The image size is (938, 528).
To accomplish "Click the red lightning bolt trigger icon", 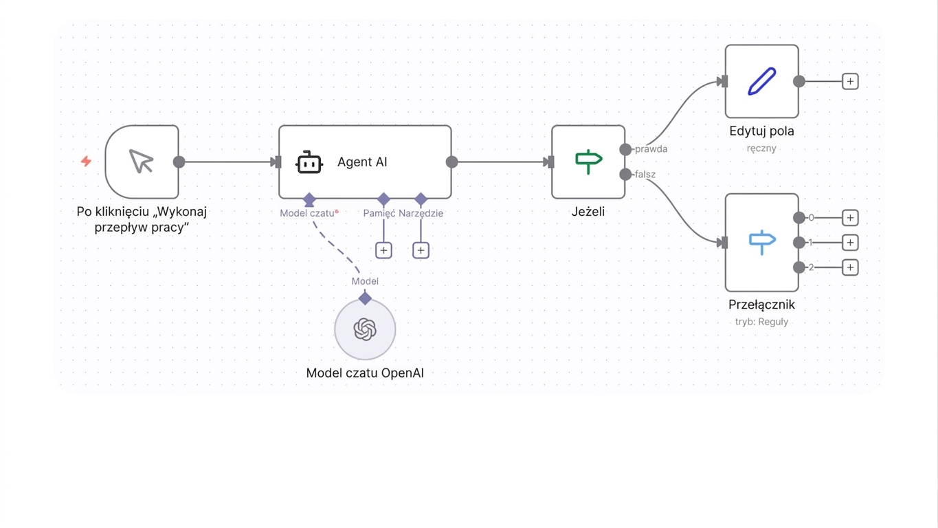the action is (x=87, y=162).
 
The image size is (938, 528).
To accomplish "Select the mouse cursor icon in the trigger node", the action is (x=141, y=162).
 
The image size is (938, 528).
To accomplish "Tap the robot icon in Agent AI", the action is (x=309, y=162).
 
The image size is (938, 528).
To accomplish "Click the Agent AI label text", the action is (x=362, y=162).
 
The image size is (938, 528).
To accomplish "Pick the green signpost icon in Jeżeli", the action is (x=589, y=162).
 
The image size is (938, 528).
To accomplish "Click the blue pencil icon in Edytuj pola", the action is (x=761, y=81).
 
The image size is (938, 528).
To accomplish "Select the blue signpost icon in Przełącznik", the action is (x=762, y=242).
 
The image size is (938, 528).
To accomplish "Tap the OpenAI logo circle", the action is (x=365, y=329).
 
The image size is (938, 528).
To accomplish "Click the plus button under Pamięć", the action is (x=383, y=250).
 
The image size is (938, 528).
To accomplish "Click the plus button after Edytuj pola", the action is (x=850, y=81).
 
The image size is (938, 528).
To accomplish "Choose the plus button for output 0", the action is (x=850, y=218).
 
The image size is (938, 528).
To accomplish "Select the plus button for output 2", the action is (x=850, y=267).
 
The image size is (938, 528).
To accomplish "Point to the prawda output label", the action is (x=651, y=149).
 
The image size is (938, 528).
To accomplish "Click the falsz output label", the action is (x=645, y=175).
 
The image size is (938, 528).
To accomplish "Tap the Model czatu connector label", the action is (x=307, y=213).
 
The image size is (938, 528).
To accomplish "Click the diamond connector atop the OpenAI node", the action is (x=365, y=298).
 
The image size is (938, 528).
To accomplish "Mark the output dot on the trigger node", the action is (x=179, y=162).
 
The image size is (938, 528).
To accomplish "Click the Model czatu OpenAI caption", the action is (x=365, y=373).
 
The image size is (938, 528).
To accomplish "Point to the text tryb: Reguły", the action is (x=761, y=322).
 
